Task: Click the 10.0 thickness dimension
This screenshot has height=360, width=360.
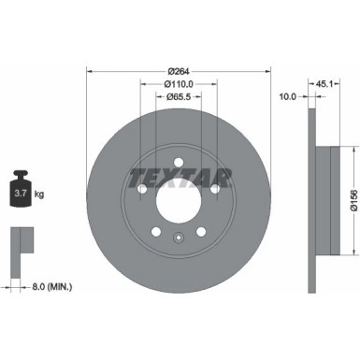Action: [289, 95]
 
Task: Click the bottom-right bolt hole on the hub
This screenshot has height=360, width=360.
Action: [202, 232]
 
